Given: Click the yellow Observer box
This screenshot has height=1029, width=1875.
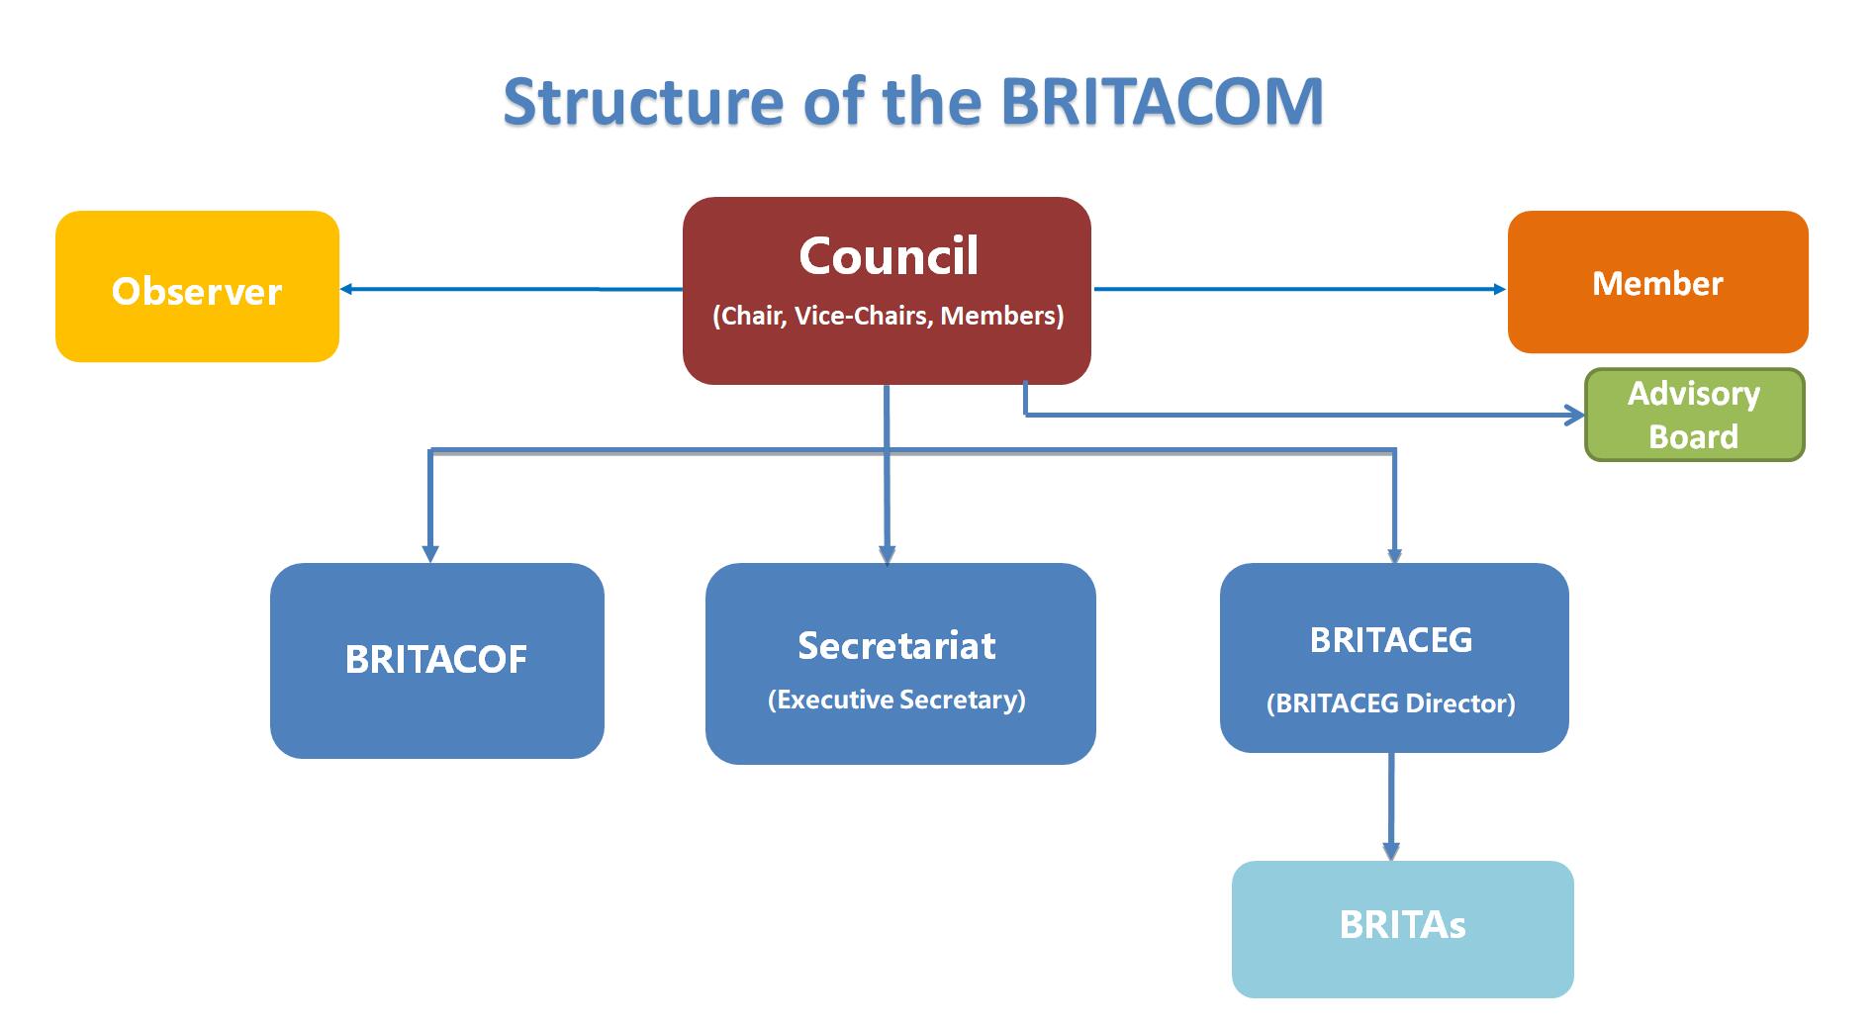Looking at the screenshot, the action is point(197,286).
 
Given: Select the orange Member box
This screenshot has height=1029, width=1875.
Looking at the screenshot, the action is point(1657,282).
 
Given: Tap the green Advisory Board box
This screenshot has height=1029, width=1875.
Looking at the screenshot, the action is point(1695,415).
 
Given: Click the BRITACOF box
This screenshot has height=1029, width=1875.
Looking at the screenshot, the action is point(437,661).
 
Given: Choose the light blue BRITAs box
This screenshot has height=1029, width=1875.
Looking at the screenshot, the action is point(1402,929).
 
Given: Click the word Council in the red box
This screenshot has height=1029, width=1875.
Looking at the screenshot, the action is point(889,256).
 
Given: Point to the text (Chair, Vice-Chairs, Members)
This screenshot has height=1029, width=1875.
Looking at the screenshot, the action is point(889,316).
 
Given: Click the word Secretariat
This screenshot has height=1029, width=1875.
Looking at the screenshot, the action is point(896,645).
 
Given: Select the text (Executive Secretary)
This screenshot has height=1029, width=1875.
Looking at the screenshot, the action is point(896,700).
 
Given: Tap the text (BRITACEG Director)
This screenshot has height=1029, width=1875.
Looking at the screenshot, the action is point(1391,703).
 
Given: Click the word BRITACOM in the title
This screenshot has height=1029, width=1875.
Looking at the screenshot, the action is point(1162,101).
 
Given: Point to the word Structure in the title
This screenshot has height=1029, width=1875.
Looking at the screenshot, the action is point(643,101).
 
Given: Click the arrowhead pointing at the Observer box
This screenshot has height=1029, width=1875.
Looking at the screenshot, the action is point(346,289).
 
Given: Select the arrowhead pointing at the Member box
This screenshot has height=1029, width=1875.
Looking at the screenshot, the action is point(1500,289).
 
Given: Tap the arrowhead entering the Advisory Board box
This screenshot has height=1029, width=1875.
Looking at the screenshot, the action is point(1575,416).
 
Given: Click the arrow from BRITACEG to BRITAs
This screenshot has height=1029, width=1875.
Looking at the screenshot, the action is point(1391,806).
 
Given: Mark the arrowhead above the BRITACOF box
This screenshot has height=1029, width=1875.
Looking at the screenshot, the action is point(430,553).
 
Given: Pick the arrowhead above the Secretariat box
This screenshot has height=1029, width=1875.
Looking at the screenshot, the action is point(887,554).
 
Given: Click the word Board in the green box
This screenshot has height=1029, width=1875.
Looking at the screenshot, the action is point(1693,436).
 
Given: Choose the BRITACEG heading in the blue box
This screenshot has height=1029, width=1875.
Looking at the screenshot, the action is point(1391,640).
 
